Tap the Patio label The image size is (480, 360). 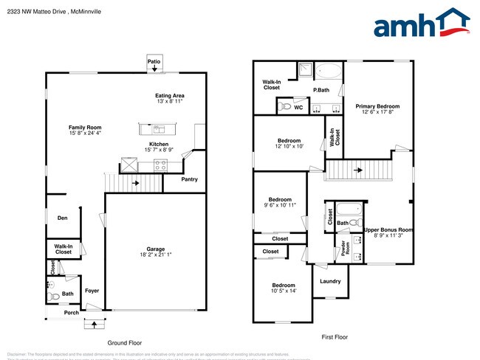[154, 62]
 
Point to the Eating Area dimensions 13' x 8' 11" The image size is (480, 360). [170, 101]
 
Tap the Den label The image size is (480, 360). [63, 218]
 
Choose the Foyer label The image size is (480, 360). [92, 290]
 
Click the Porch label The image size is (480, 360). [71, 312]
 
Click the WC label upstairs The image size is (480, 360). [298, 108]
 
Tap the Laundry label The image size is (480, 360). [330, 281]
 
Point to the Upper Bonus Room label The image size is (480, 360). [388, 229]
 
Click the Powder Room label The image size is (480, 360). [343, 248]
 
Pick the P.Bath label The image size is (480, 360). [320, 90]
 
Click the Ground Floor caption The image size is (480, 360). [124, 343]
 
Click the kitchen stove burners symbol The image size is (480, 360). [160, 165]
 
